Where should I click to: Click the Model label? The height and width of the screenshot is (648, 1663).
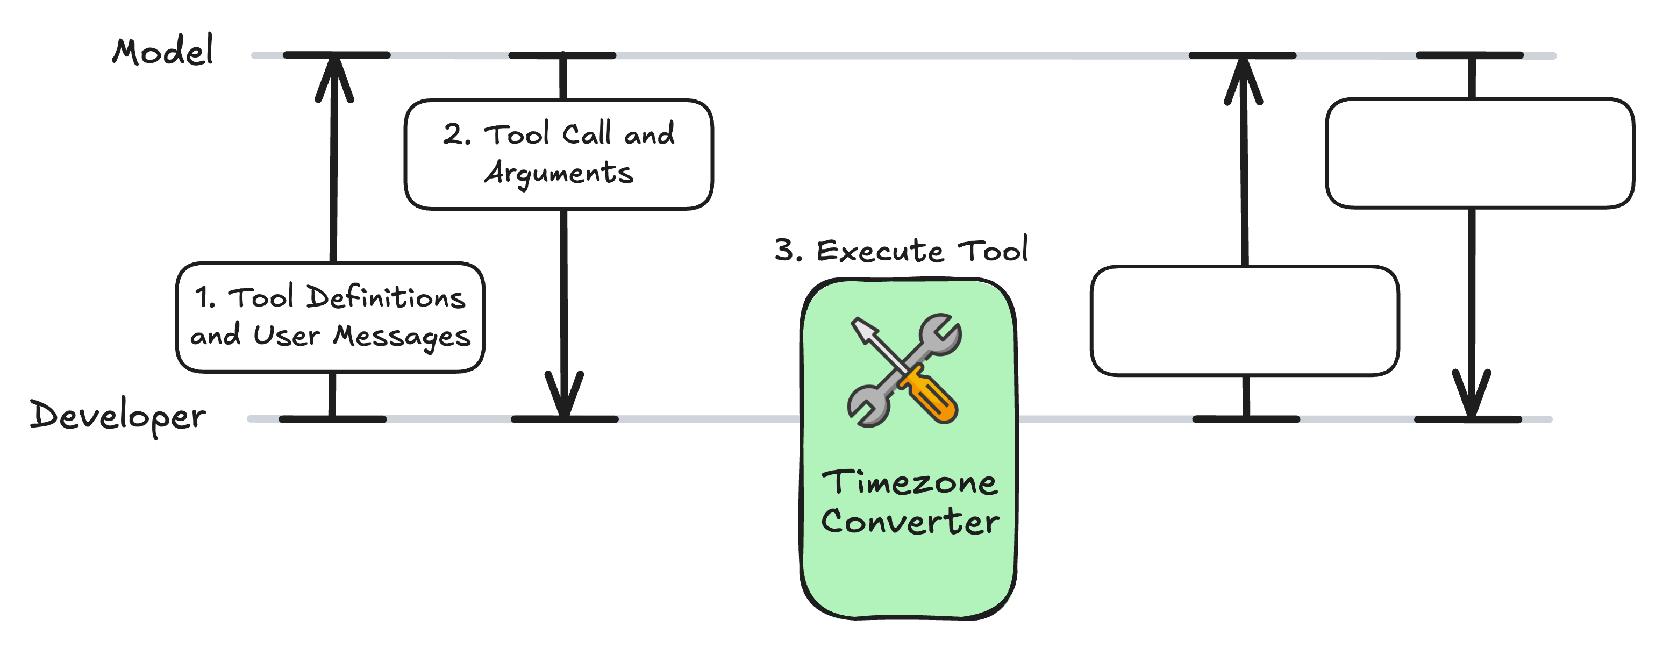click(x=163, y=52)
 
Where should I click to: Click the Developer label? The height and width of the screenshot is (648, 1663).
click(x=118, y=416)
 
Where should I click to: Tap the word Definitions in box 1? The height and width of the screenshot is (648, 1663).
click(x=386, y=297)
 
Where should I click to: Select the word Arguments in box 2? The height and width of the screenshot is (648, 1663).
click(x=559, y=174)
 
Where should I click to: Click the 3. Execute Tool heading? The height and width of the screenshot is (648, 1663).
click(x=901, y=251)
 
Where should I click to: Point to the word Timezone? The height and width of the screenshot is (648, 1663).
click(x=909, y=483)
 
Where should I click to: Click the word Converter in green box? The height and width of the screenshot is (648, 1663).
click(x=910, y=522)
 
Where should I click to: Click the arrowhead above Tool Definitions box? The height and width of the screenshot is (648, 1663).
click(x=334, y=77)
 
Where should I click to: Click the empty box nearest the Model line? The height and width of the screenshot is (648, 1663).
click(x=1480, y=154)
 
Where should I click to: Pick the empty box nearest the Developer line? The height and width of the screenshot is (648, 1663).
click(x=1245, y=321)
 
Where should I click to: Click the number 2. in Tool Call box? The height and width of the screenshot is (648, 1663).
click(x=457, y=135)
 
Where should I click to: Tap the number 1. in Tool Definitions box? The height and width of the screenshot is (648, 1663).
click(x=205, y=297)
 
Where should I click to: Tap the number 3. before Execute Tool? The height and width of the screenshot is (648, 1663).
click(x=788, y=251)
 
